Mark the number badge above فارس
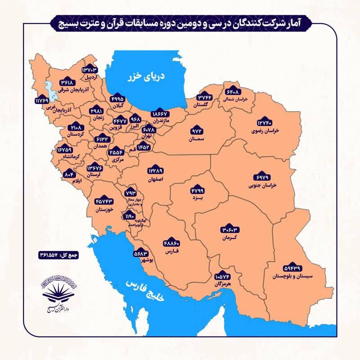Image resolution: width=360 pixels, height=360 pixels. tap(173, 241)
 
